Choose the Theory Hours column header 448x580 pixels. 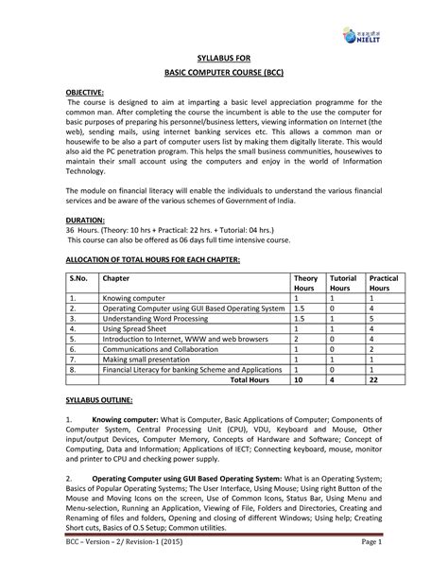(x=304, y=286)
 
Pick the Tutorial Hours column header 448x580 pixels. (x=341, y=286)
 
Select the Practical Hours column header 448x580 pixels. (x=383, y=286)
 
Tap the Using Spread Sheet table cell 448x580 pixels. (x=135, y=329)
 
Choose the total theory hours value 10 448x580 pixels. (x=299, y=380)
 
